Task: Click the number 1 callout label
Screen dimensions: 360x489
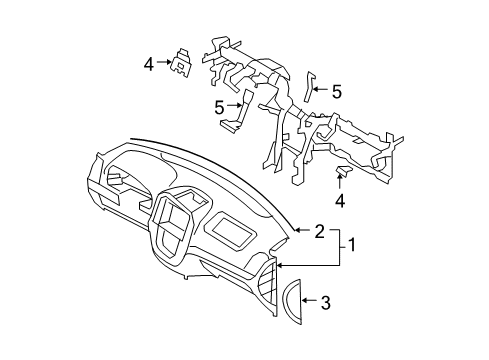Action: (351, 243)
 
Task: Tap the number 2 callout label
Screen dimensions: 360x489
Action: (319, 232)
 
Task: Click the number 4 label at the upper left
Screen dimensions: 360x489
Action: (149, 64)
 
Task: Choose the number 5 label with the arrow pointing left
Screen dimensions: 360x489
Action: (336, 91)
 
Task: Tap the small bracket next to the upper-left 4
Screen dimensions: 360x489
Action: (184, 63)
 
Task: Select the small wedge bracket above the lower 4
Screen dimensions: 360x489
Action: (342, 175)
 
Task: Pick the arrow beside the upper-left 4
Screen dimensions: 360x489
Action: (163, 64)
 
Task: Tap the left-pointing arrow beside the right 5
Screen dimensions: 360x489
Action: (321, 91)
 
